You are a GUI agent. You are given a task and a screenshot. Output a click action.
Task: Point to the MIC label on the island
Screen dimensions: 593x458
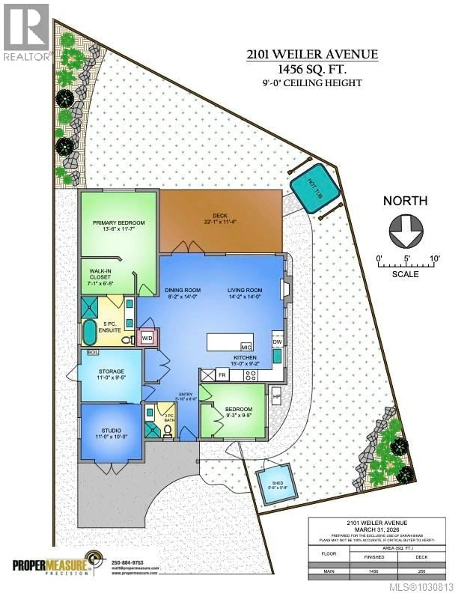(246, 347)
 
